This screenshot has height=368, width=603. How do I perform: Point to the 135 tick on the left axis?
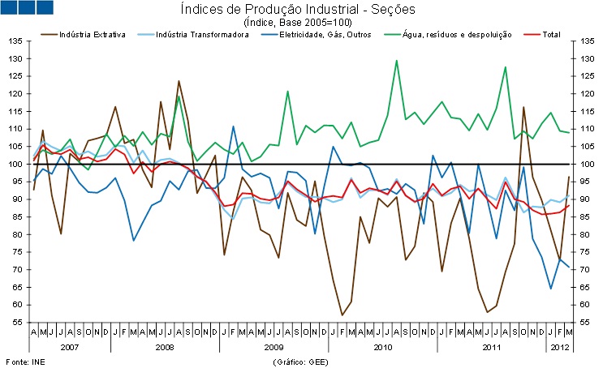tap(15, 41)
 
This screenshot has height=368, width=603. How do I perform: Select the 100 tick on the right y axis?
tap(584, 165)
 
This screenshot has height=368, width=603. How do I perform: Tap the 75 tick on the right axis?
tap(583, 252)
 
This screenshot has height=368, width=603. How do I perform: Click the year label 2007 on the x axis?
tap(70, 346)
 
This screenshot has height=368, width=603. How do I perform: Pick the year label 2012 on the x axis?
tap(557, 346)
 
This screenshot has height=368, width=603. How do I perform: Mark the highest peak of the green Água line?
tap(396, 60)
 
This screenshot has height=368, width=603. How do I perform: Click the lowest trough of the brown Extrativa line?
tap(342, 315)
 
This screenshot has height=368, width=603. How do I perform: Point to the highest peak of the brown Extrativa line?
tap(179, 81)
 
